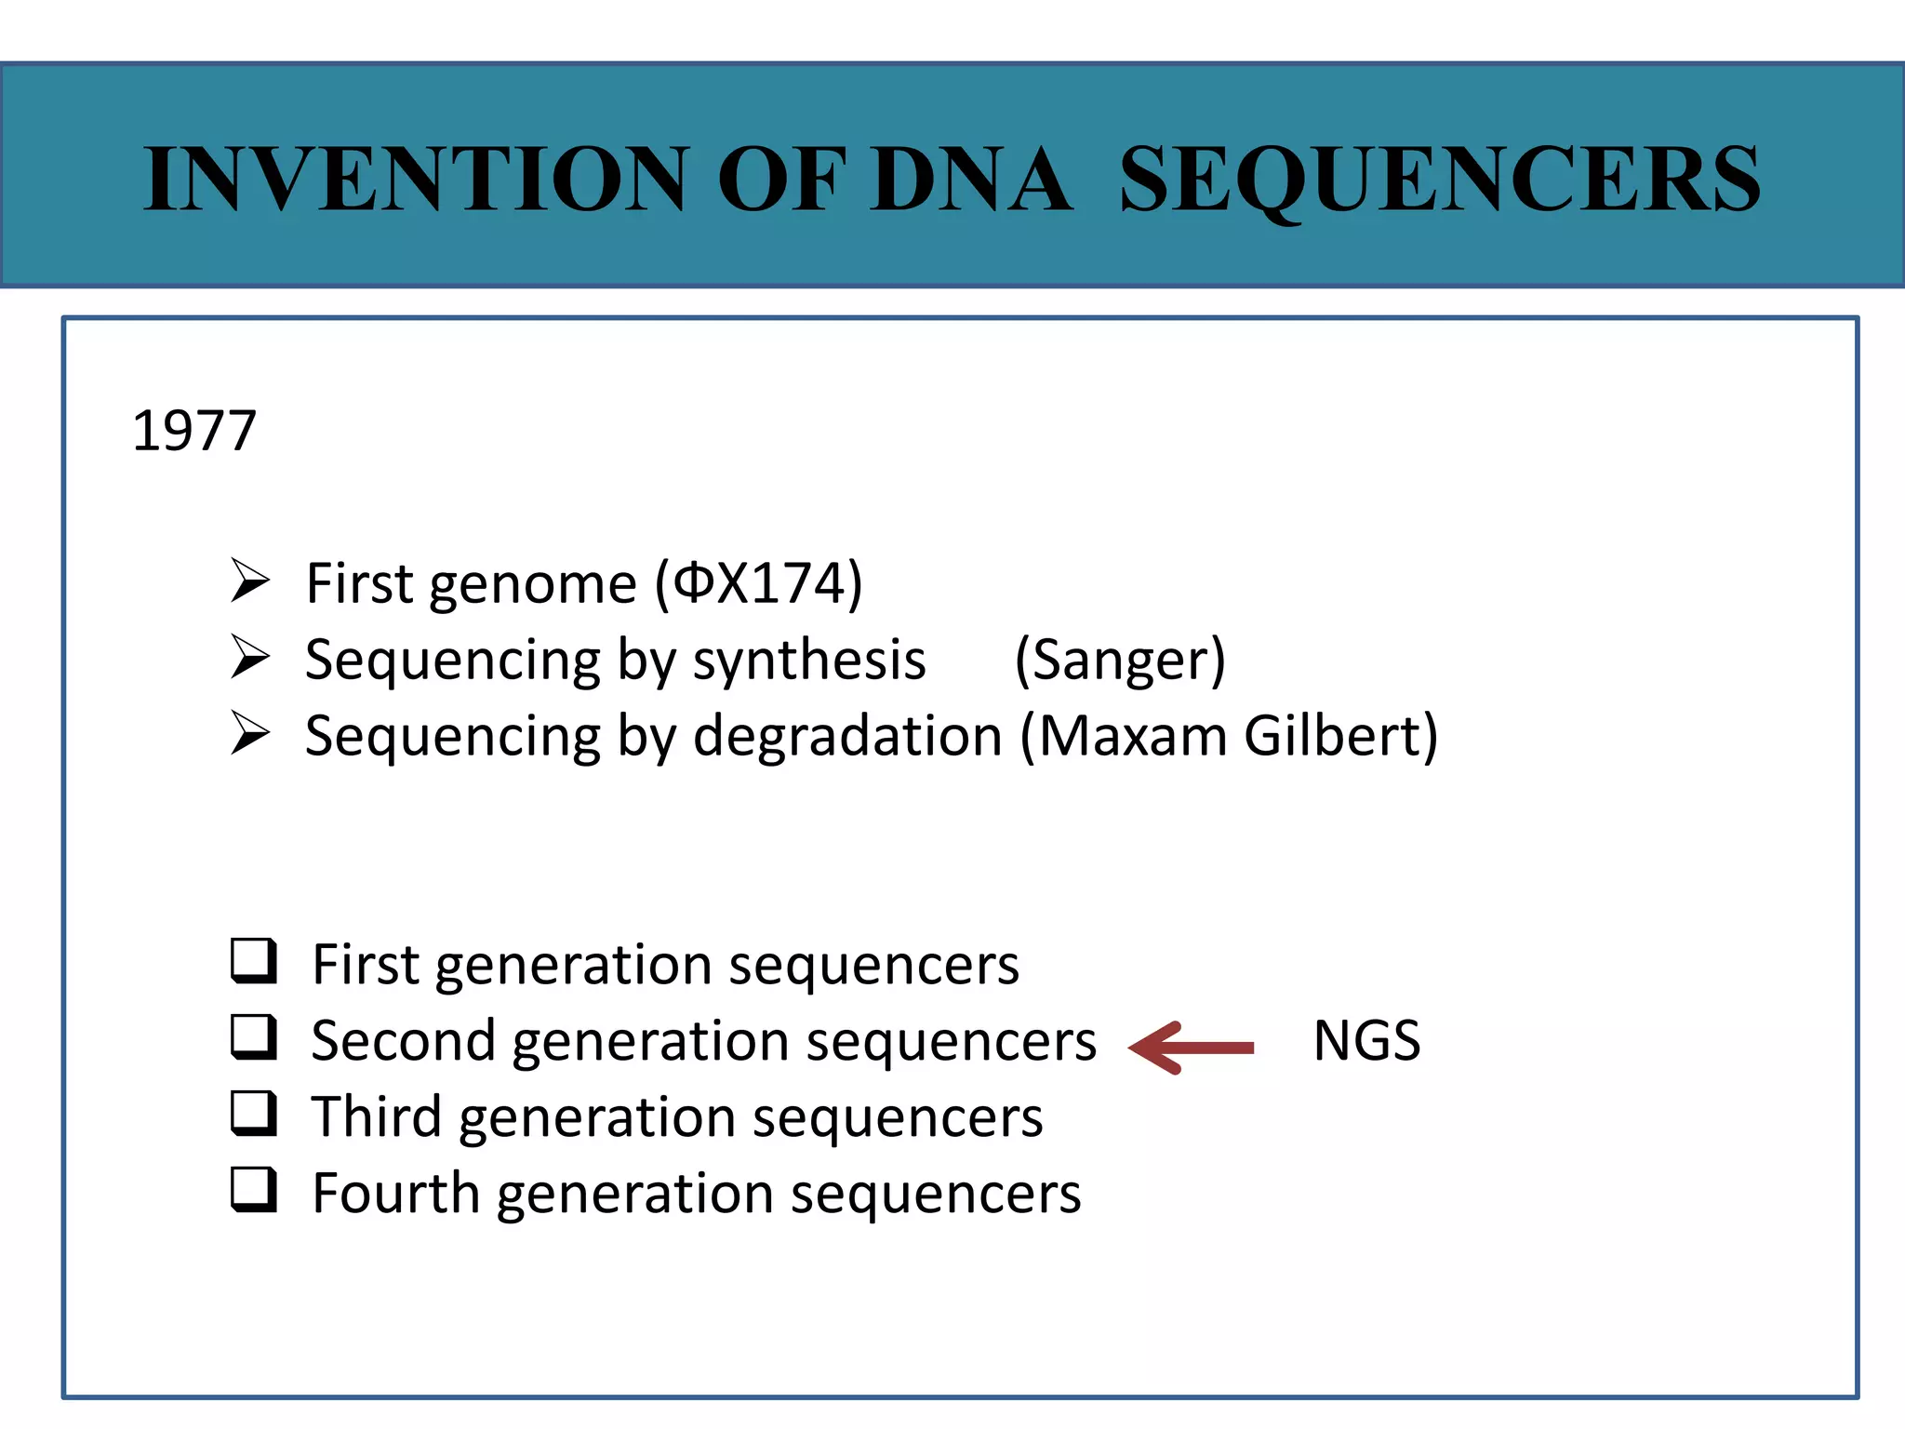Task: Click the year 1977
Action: pyautogui.click(x=193, y=432)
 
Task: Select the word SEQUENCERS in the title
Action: pyautogui.click(x=1439, y=179)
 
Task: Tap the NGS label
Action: pyautogui.click(x=1365, y=1040)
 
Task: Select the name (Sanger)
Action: pyautogui.click(x=1120, y=661)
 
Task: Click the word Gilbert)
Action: pyautogui.click(x=1340, y=736)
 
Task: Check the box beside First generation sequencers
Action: pyautogui.click(x=253, y=961)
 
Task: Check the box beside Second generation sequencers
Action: pyautogui.click(x=253, y=1037)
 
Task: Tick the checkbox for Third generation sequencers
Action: pyautogui.click(x=253, y=1114)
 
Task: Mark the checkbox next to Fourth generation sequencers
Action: pyautogui.click(x=253, y=1190)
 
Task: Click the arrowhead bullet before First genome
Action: pyautogui.click(x=249, y=581)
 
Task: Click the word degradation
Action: pyautogui.click(x=847, y=738)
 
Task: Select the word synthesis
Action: pyautogui.click(x=808, y=661)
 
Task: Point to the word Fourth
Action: pyautogui.click(x=395, y=1193)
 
